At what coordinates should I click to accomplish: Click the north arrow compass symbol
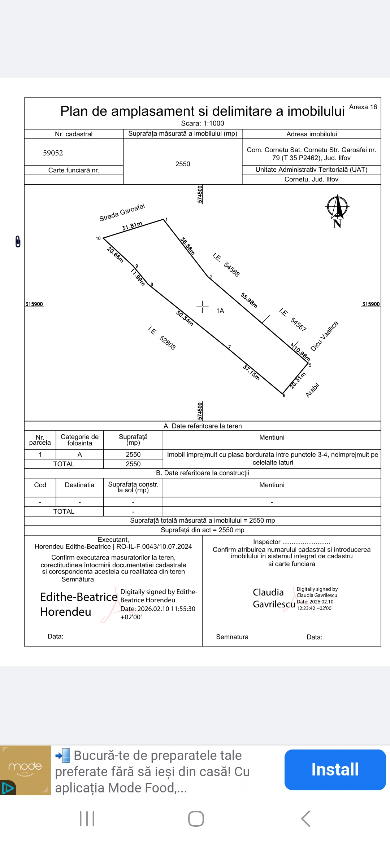click(x=337, y=209)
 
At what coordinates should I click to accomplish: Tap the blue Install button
click(x=335, y=769)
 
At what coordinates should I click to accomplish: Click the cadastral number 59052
click(x=53, y=153)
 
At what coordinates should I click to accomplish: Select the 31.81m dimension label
click(x=132, y=226)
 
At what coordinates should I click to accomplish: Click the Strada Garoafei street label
click(x=122, y=212)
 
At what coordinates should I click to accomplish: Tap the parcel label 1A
click(x=220, y=311)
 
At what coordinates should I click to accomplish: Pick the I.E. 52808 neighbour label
click(x=162, y=338)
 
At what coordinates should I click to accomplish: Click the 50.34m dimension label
click(x=185, y=318)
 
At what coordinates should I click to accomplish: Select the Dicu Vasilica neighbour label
click(x=324, y=336)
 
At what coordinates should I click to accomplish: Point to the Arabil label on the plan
click(x=313, y=390)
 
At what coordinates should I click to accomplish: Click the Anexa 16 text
click(x=363, y=107)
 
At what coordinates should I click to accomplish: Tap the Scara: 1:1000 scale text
click(x=203, y=123)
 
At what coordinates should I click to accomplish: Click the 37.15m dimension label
click(x=251, y=373)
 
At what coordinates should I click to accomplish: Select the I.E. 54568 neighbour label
click(x=226, y=265)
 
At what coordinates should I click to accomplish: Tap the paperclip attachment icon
click(x=18, y=241)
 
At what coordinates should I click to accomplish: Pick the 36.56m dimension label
click(x=188, y=246)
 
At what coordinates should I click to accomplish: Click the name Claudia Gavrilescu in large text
click(x=274, y=598)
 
